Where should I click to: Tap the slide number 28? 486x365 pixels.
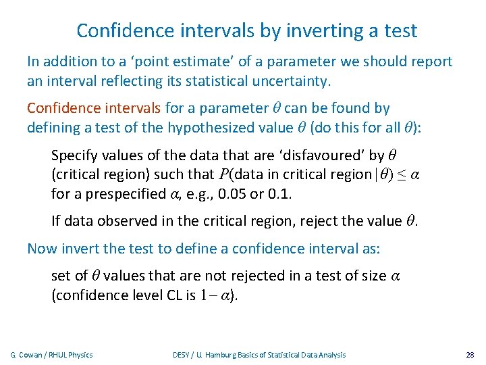click(x=470, y=355)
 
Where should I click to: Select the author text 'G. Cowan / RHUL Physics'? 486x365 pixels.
click(x=52, y=355)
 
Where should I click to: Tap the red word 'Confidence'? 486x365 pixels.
click(x=59, y=108)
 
